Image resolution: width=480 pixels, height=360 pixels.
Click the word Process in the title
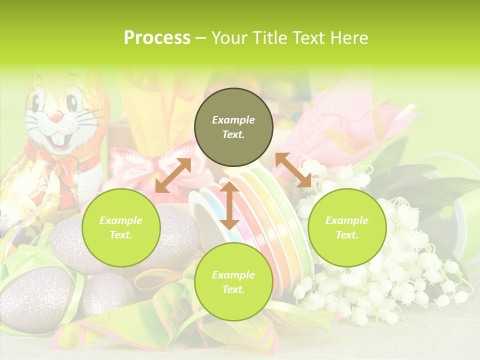157,38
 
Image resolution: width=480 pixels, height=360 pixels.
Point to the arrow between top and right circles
293,170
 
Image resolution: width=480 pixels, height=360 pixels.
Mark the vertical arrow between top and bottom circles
229,206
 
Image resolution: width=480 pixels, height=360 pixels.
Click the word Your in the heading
229,38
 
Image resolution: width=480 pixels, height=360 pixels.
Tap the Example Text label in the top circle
233,127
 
